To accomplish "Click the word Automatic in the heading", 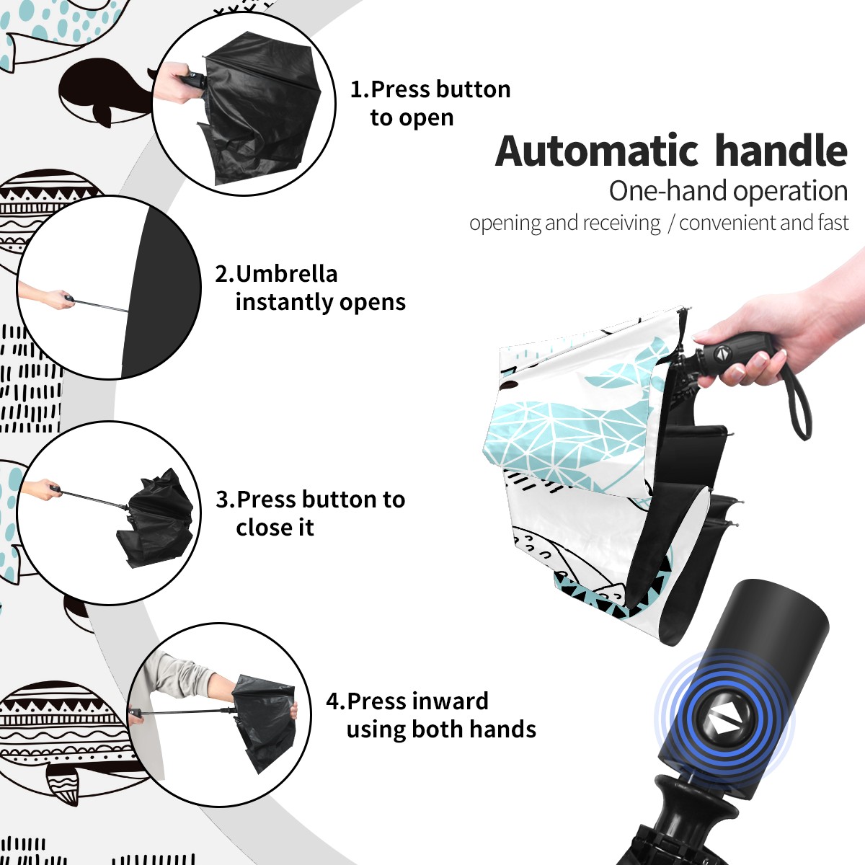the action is pyautogui.click(x=597, y=151).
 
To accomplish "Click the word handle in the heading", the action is pyautogui.click(x=781, y=150).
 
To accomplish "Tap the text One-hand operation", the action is pyautogui.click(x=728, y=191).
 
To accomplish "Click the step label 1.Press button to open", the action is pyautogui.click(x=430, y=103).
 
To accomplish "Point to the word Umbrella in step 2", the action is pyautogui.click(x=286, y=274).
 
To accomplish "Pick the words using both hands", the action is pyautogui.click(x=441, y=729).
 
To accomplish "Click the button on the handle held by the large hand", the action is pyautogui.click(x=722, y=354).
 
